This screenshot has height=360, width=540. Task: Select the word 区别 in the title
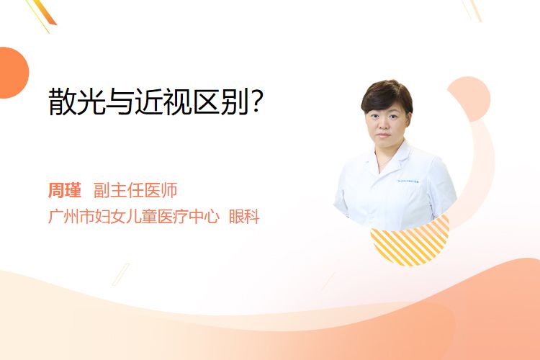pyautogui.click(x=221, y=102)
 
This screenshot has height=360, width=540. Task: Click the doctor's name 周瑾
pyautogui.click(x=65, y=190)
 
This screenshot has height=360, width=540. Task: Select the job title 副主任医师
pyautogui.click(x=135, y=190)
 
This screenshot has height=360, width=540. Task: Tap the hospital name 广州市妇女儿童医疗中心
pyautogui.click(x=134, y=217)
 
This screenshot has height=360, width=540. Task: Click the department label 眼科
pyautogui.click(x=244, y=217)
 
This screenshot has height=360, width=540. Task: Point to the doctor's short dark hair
pyautogui.click(x=387, y=96)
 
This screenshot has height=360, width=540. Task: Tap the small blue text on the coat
pyautogui.click(x=408, y=181)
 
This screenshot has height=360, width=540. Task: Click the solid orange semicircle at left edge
pyautogui.click(x=13, y=73)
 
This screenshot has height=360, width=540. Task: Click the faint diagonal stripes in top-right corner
pyautogui.click(x=472, y=10)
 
